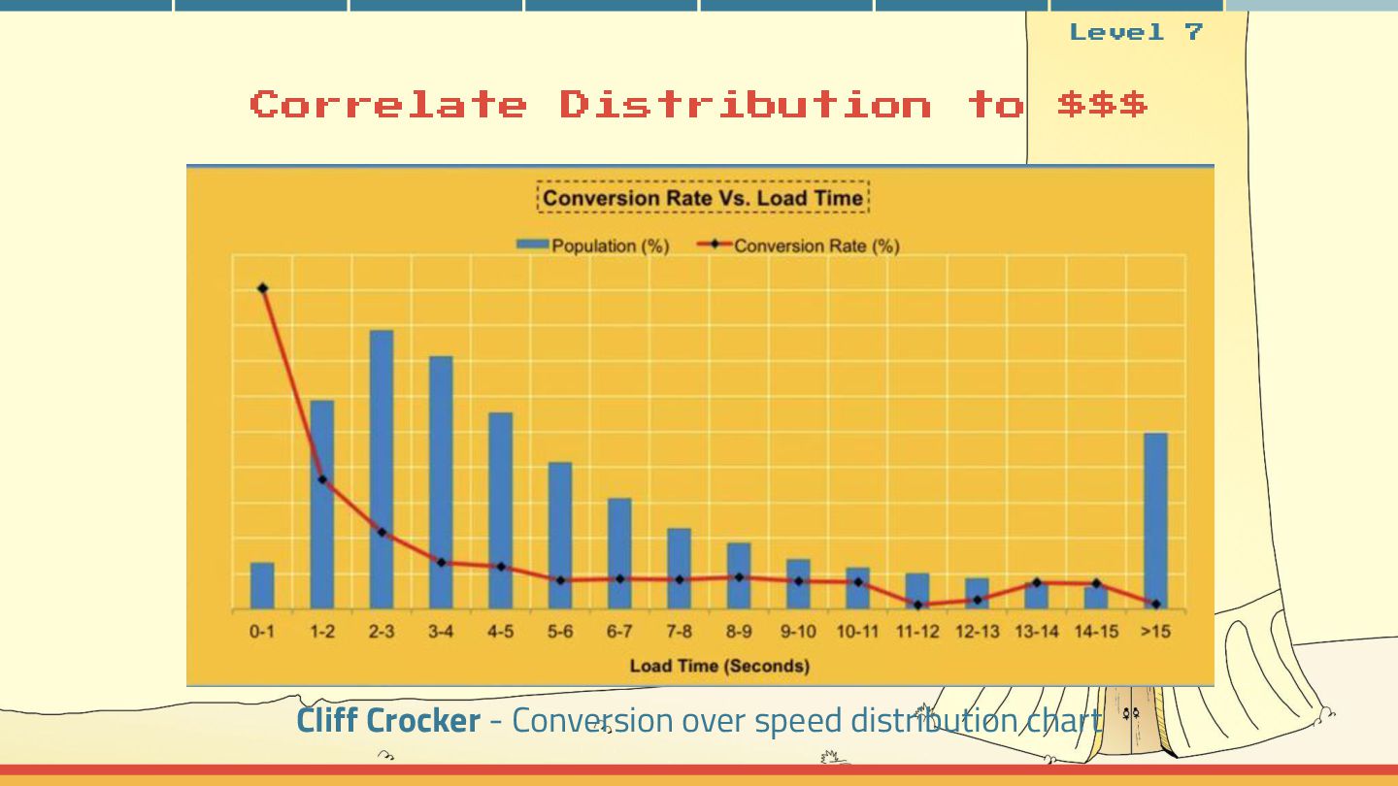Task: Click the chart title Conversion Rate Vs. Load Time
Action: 702,198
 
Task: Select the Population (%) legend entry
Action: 592,246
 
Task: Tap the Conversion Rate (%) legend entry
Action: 798,246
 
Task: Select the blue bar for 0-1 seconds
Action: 262,585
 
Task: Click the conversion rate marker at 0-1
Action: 263,288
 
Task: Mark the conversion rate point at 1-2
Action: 322,479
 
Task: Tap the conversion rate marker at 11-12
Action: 917,605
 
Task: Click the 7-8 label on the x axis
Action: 679,632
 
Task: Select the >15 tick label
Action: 1155,632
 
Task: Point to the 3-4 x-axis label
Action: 441,632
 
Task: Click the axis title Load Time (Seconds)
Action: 719,666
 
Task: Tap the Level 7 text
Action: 1136,32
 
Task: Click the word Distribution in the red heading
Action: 745,104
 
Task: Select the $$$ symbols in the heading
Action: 1102,104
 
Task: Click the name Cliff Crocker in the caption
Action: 388,720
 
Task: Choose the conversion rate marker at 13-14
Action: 1037,582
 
